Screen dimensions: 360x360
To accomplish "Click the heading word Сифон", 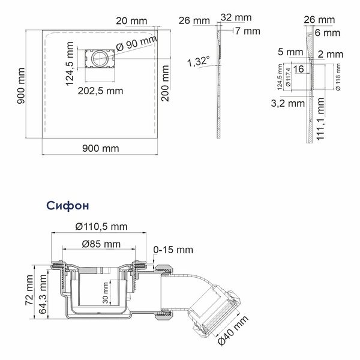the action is pyautogui.click(x=67, y=206).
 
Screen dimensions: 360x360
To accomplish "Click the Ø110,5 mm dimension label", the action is pyautogui.click(x=101, y=227).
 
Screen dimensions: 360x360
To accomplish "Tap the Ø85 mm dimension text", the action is pyautogui.click(x=101, y=244).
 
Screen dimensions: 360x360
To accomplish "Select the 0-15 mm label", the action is pyautogui.click(x=173, y=250).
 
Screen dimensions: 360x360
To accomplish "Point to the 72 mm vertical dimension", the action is pyautogui.click(x=29, y=290).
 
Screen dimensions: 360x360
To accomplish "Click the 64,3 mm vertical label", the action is pyautogui.click(x=43, y=294).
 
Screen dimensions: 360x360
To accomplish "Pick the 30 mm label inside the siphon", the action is pyautogui.click(x=106, y=293).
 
